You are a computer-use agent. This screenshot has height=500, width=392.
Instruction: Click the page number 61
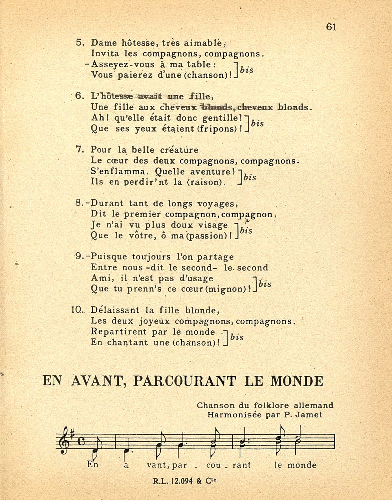tap(331, 27)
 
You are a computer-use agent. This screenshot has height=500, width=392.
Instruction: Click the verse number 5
tap(80, 43)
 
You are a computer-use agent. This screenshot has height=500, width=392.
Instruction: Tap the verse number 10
tap(76, 310)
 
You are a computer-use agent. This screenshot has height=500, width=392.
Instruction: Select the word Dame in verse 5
tap(104, 43)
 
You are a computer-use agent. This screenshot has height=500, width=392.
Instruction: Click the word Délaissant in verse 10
tap(115, 310)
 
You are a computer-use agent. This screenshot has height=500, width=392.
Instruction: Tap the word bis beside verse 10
tap(237, 337)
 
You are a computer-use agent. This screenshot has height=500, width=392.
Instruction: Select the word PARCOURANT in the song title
tap(184, 381)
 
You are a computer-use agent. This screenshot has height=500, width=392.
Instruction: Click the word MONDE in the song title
tap(297, 381)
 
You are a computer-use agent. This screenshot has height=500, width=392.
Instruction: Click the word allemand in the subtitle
tap(314, 405)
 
